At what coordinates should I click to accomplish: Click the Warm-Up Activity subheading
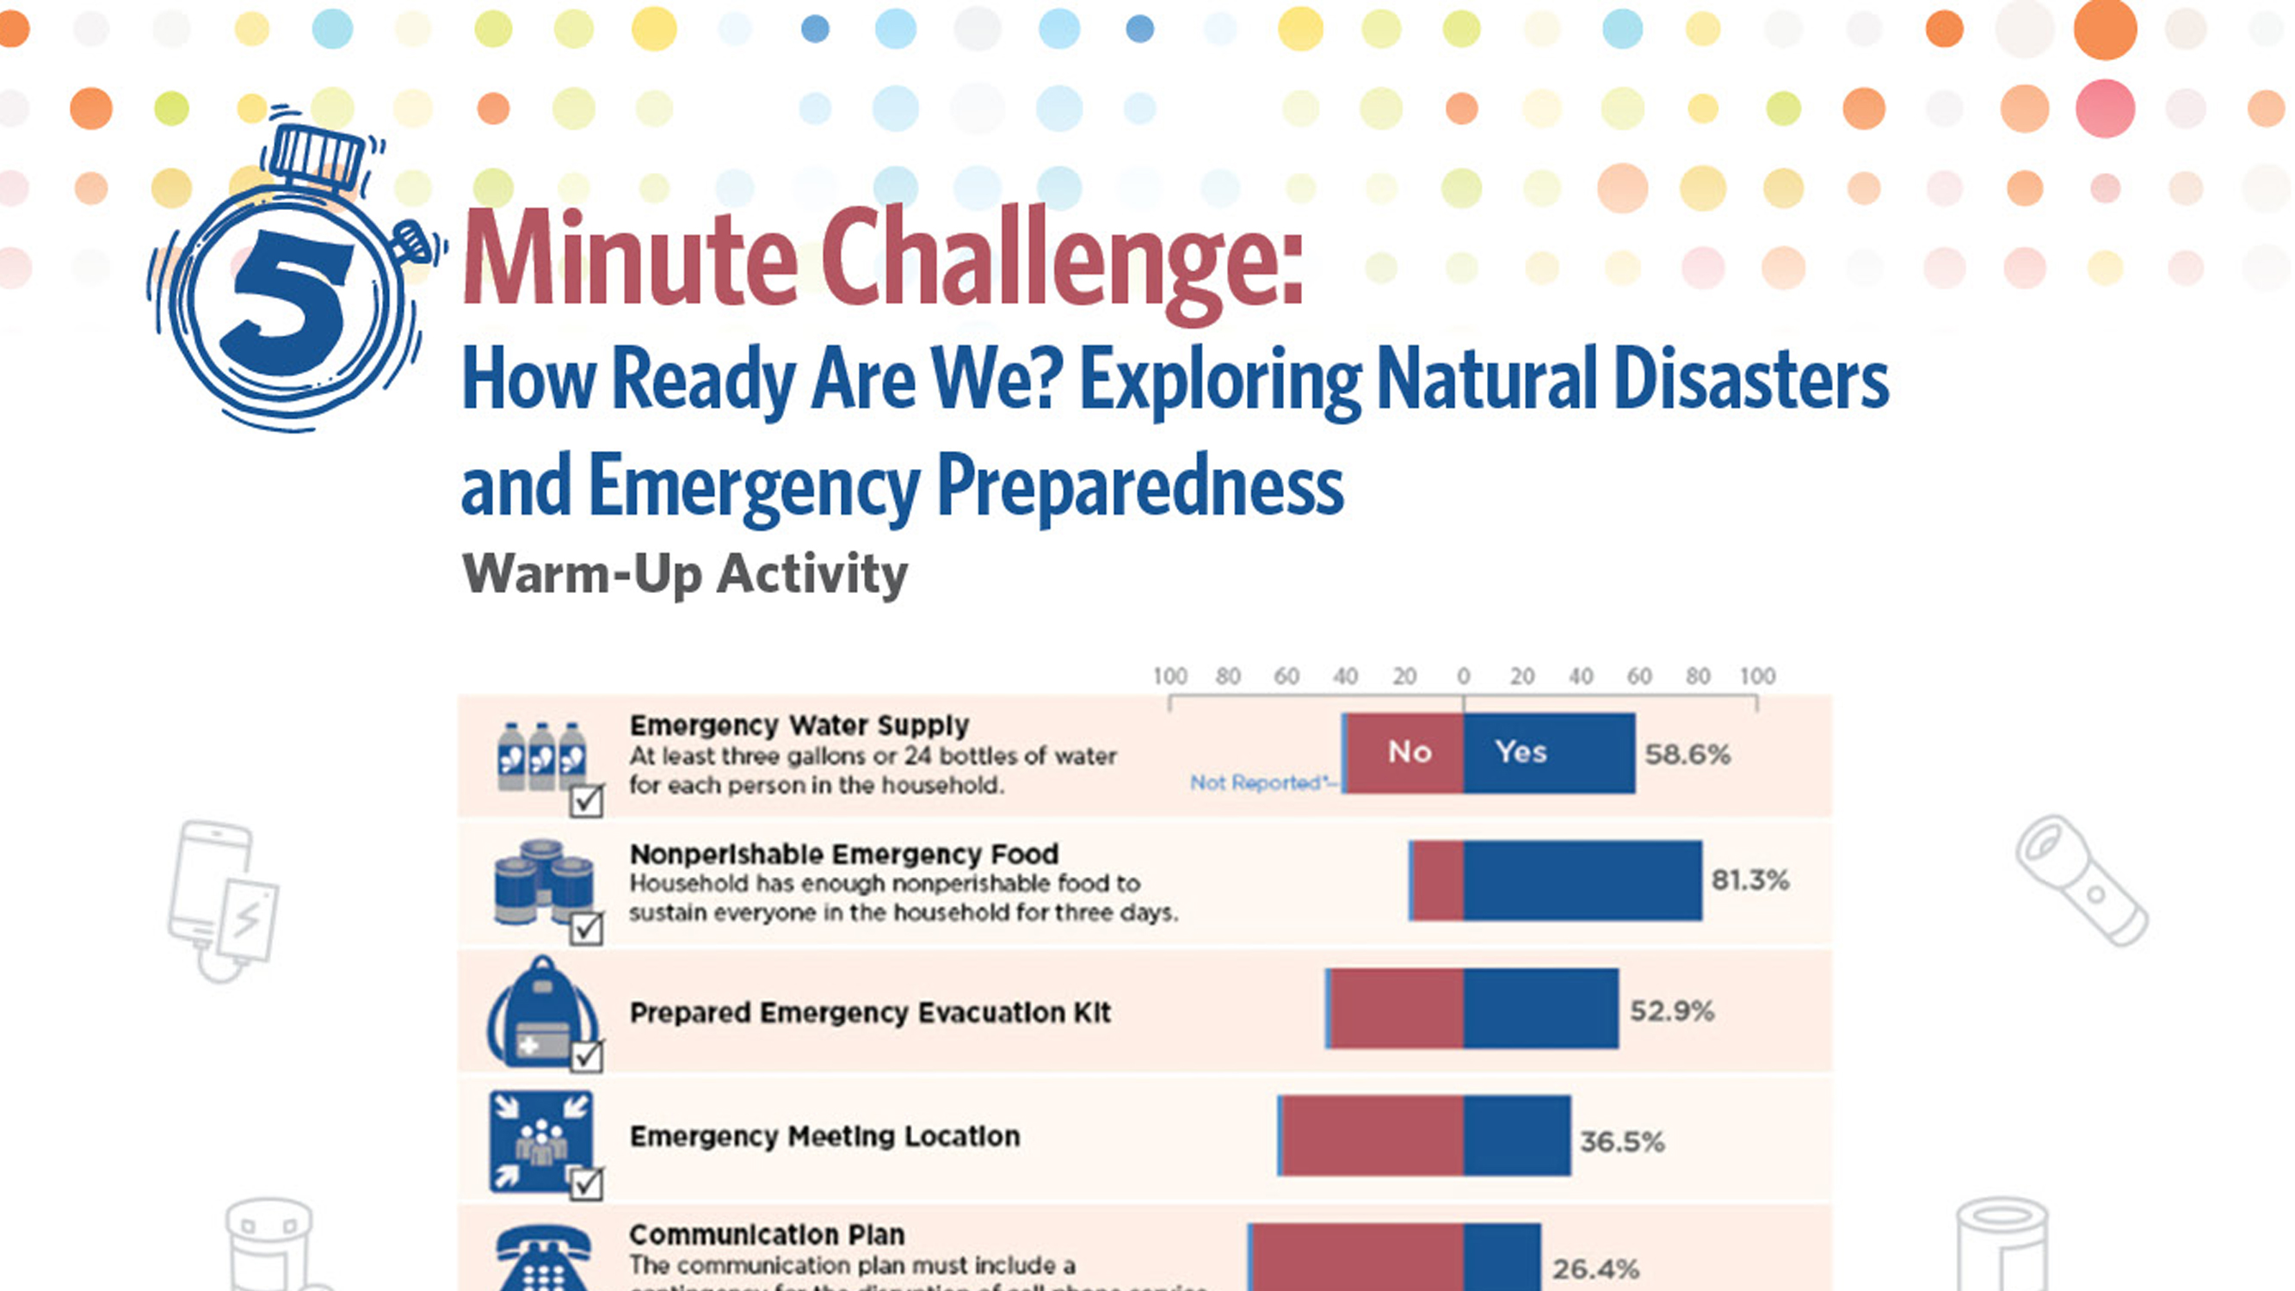(x=684, y=574)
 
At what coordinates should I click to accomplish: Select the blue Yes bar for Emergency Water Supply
(x=1548, y=753)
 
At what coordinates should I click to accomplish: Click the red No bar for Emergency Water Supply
(x=1406, y=753)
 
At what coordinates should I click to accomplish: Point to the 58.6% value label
(x=1687, y=755)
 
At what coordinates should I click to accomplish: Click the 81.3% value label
(x=1749, y=880)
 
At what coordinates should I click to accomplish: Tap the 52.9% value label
(x=1671, y=1010)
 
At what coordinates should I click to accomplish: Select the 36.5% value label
(x=1621, y=1141)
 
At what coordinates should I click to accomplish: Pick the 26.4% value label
(x=1595, y=1269)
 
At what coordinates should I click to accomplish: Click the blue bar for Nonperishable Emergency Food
(x=1582, y=880)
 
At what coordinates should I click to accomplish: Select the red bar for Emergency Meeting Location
(x=1372, y=1136)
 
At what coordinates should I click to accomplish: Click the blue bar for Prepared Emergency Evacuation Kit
(x=1540, y=1009)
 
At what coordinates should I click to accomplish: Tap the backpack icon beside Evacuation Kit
(x=540, y=1013)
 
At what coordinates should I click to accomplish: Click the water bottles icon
(x=541, y=757)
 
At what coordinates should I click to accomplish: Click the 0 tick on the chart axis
(x=1463, y=676)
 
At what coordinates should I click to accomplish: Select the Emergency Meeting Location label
(x=824, y=1137)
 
